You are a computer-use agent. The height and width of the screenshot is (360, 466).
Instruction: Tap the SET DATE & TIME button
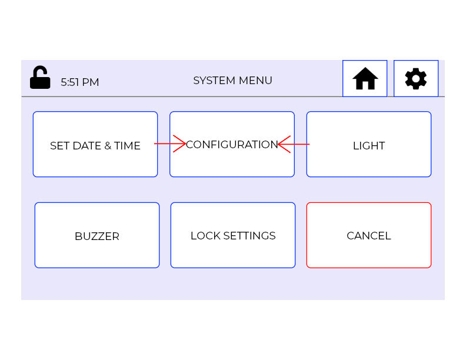(95, 144)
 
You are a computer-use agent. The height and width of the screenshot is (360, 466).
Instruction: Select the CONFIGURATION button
(232, 144)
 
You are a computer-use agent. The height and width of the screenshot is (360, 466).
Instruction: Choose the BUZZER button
(96, 235)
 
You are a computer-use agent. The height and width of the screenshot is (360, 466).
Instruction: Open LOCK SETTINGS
(232, 235)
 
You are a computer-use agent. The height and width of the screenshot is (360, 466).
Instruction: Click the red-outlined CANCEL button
(368, 235)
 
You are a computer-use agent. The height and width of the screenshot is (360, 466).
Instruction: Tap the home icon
(365, 78)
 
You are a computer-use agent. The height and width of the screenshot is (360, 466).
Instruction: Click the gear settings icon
(416, 78)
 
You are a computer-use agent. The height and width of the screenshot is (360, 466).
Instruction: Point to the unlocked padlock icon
(40, 78)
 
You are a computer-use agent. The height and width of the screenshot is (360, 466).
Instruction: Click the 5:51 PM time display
(79, 82)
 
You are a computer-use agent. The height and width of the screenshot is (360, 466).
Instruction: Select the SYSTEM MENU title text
(232, 81)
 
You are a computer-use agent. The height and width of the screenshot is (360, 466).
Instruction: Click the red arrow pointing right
(171, 144)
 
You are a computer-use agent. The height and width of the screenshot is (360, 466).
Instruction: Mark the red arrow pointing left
(293, 144)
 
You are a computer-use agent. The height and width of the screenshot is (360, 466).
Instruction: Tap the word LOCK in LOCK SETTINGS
(204, 236)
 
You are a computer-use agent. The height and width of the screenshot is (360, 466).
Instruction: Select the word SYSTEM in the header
(215, 81)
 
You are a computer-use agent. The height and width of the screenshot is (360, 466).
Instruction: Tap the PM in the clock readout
(91, 82)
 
